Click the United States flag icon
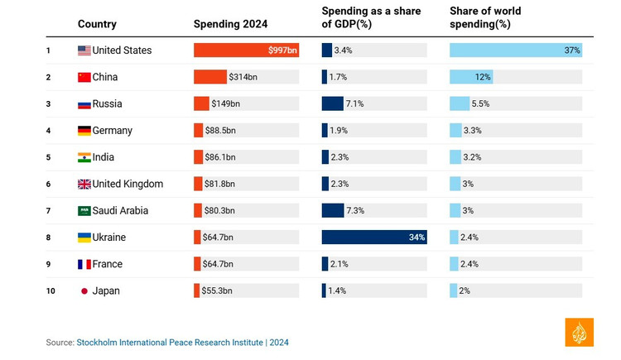84,50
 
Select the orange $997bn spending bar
246,50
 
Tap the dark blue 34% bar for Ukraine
374,238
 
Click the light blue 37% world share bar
515,50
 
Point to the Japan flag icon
84,291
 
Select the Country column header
97,24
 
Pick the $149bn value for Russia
226,103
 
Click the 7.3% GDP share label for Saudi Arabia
355,211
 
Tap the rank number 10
51,291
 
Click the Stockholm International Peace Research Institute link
170,343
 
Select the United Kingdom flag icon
84,184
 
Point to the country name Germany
112,131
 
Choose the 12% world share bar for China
471,77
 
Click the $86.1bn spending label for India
219,157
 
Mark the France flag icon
84,264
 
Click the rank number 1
49,50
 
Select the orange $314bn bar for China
210,77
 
